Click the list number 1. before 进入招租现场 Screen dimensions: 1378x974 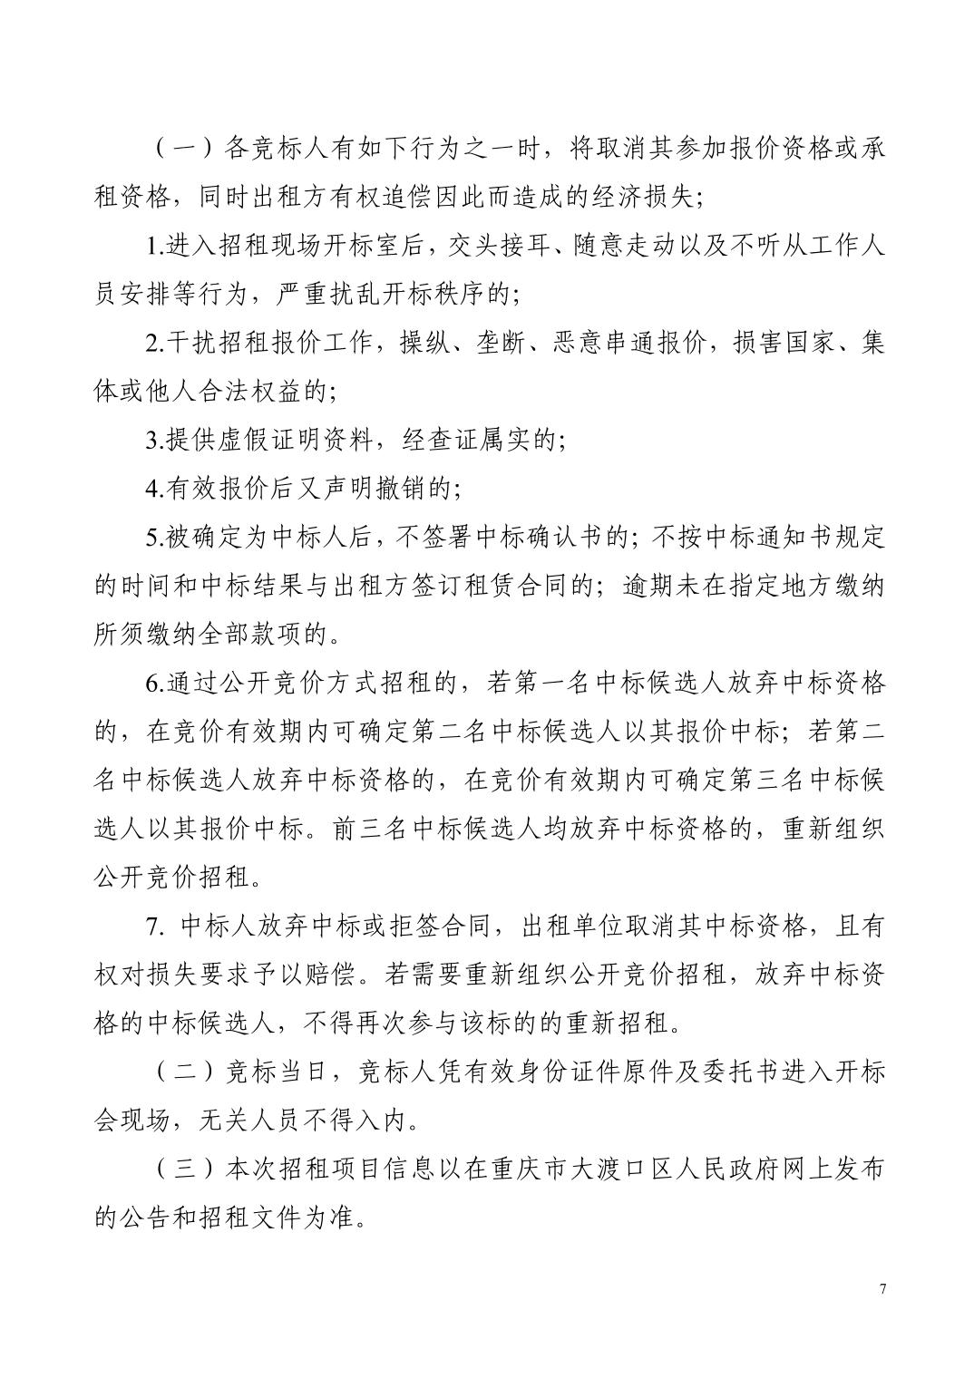click(x=154, y=247)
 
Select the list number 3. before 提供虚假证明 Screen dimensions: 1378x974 click(x=154, y=442)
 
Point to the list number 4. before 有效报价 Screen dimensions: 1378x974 click(x=154, y=490)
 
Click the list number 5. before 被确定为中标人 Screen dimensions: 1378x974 click(x=154, y=539)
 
